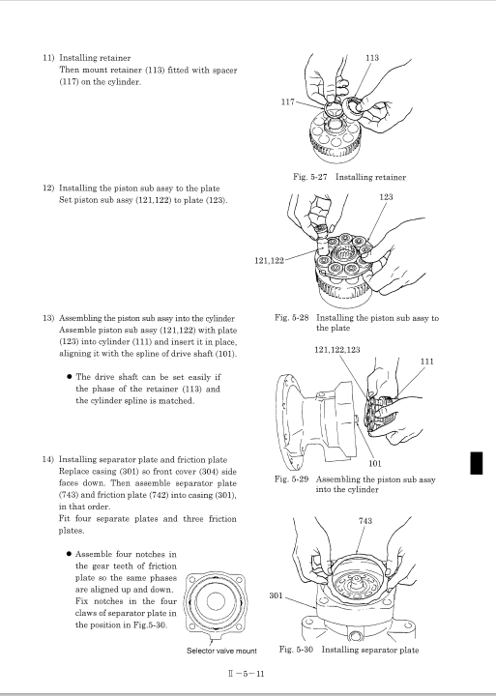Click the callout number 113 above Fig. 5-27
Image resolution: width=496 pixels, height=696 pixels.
[372, 58]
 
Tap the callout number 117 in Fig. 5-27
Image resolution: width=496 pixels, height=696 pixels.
[288, 102]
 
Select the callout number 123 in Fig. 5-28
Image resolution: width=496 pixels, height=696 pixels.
[386, 196]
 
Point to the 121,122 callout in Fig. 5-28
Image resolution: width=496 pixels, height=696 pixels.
[269, 261]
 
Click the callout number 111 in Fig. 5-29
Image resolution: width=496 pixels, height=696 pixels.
[426, 362]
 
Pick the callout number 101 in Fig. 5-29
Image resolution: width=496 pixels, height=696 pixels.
[375, 464]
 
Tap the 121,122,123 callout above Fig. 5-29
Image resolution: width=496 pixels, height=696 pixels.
[337, 350]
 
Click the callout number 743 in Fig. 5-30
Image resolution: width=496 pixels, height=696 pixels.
[365, 521]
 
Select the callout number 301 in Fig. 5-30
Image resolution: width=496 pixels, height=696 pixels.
[276, 595]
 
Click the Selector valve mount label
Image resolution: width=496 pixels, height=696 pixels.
[221, 651]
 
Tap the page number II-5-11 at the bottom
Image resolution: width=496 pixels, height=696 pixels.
[246, 674]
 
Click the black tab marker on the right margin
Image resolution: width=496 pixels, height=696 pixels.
[477, 463]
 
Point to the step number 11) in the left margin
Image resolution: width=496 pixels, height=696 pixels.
[48, 58]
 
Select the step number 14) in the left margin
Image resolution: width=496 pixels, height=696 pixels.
[48, 459]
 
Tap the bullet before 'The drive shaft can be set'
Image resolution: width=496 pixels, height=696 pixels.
[70, 377]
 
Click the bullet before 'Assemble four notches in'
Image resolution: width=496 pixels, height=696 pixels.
[70, 554]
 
